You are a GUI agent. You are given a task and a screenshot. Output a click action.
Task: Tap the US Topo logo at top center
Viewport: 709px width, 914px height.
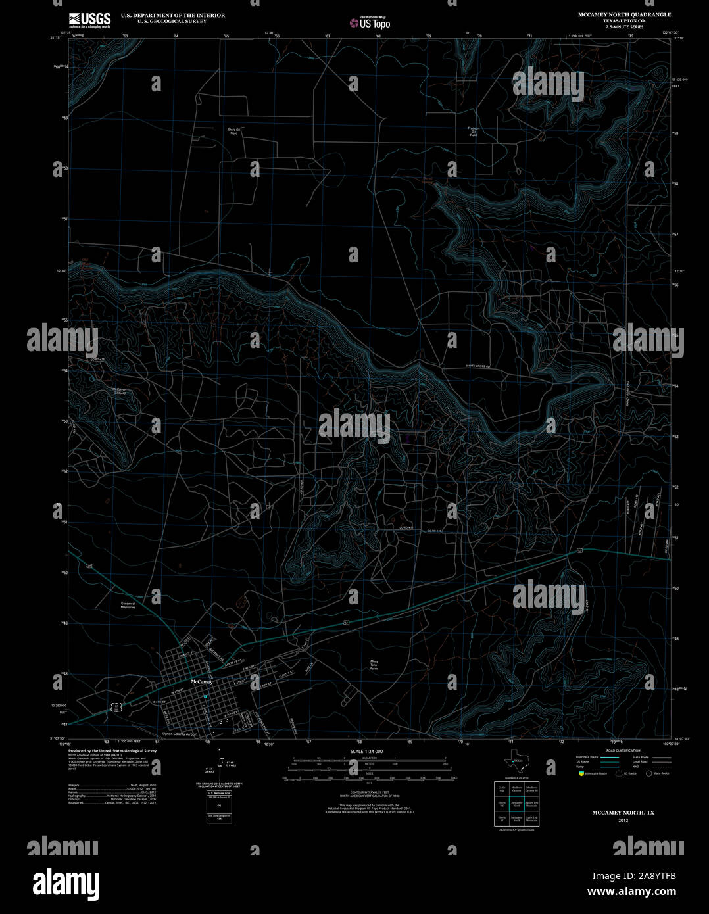pyautogui.click(x=370, y=22)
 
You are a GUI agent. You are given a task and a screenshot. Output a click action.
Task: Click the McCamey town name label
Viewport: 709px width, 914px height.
pyautogui.click(x=201, y=683)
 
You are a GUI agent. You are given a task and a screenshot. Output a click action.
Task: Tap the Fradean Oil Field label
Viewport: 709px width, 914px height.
pyautogui.click(x=474, y=132)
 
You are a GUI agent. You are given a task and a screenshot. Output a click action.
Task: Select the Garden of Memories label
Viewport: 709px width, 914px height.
pyautogui.click(x=128, y=605)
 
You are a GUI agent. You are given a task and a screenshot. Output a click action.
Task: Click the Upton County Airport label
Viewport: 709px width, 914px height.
pyautogui.click(x=180, y=734)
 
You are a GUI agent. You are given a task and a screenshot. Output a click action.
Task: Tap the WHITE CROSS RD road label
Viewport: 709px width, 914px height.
pyautogui.click(x=479, y=366)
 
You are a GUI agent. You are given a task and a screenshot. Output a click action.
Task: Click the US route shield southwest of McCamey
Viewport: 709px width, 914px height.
pyautogui.click(x=116, y=707)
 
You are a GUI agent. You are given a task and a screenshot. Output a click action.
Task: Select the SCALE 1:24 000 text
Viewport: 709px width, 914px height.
pyautogui.click(x=366, y=751)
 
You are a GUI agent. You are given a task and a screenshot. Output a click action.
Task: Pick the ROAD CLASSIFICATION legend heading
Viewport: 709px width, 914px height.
pyautogui.click(x=623, y=750)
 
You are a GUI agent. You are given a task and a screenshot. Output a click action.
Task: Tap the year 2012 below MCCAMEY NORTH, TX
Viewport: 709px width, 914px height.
pyautogui.click(x=623, y=821)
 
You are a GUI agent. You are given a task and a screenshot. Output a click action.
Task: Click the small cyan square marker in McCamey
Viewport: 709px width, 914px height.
pyautogui.click(x=205, y=696)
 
